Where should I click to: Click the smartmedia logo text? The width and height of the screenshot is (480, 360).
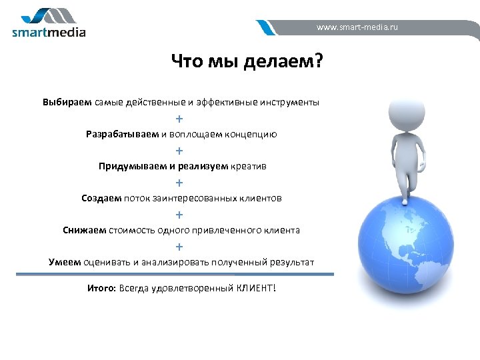(49, 31)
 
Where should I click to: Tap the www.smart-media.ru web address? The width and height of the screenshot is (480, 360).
(357, 28)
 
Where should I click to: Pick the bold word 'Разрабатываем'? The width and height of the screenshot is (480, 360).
(122, 134)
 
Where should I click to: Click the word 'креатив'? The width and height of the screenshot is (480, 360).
(248, 166)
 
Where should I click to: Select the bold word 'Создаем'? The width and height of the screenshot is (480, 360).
(101, 198)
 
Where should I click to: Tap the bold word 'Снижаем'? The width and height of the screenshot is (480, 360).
(84, 230)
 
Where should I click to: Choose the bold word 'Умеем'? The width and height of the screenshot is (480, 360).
(65, 262)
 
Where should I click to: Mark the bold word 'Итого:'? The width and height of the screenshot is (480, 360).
(101, 288)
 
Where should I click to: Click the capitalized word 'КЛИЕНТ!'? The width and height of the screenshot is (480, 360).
(255, 288)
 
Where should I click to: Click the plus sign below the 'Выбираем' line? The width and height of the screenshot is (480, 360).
(179, 119)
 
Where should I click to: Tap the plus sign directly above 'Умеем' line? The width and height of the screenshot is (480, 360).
(179, 247)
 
